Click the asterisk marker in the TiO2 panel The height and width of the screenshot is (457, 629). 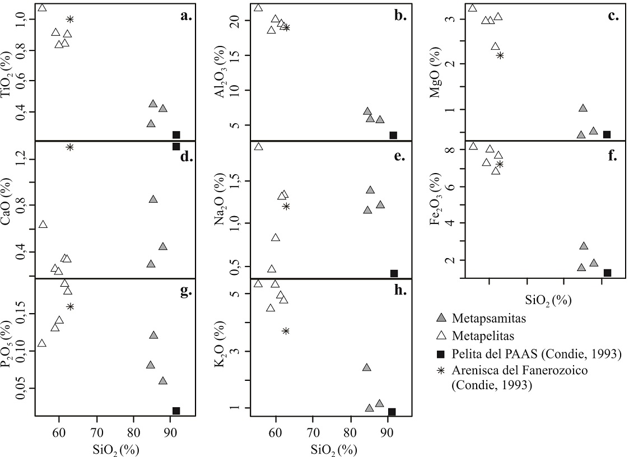click(70, 19)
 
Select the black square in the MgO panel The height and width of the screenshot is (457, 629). click(606, 134)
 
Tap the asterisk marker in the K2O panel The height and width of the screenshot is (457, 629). click(286, 331)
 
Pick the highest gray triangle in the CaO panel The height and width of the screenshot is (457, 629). click(153, 199)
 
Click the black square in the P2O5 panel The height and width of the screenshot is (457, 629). click(176, 411)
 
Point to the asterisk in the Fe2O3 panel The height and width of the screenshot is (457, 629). click(500, 164)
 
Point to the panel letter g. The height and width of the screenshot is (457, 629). click(186, 291)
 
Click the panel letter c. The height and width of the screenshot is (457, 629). click(613, 16)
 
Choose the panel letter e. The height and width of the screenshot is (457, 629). click(399, 156)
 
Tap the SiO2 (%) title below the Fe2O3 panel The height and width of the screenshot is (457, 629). click(548, 301)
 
